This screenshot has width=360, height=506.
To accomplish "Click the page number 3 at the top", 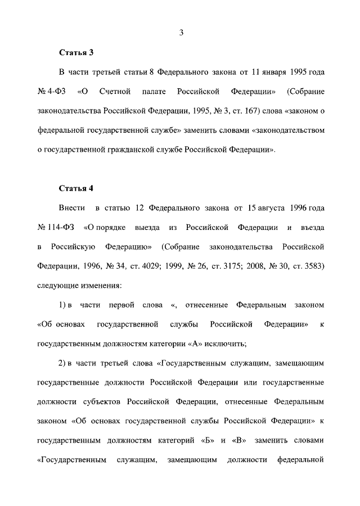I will click(x=182, y=33).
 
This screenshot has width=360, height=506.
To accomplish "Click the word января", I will click(x=272, y=74).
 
